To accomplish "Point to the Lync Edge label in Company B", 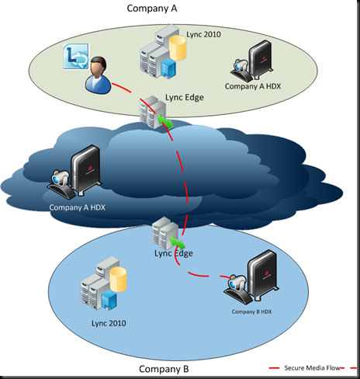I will coord(174,252).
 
